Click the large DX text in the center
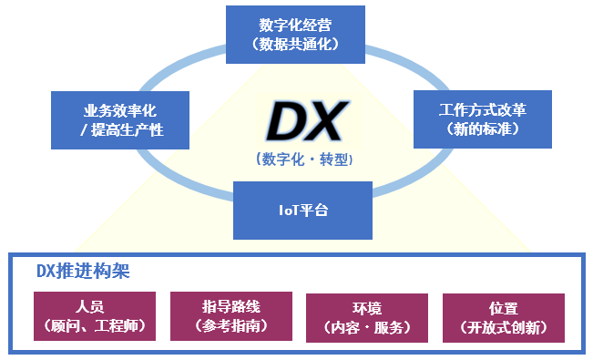(307, 121)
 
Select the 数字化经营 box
(295, 35)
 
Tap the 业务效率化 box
(120, 120)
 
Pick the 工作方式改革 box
(483, 119)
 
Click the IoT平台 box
(302, 211)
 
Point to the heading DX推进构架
(83, 271)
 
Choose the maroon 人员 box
(95, 316)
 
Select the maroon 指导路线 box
(231, 316)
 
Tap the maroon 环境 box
(367, 318)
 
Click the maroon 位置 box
(504, 318)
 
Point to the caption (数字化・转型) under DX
(304, 159)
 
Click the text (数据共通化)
(295, 45)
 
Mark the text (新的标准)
(483, 129)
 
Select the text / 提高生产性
(122, 129)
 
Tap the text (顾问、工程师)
(95, 325)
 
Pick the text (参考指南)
(231, 325)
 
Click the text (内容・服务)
(367, 327)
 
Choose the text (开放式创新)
(504, 327)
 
